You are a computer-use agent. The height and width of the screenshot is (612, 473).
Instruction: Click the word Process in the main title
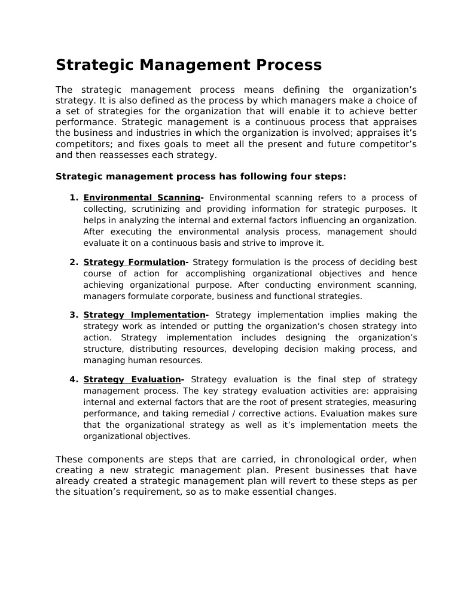pos(285,65)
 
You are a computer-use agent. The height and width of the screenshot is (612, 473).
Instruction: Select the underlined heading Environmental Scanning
pos(142,197)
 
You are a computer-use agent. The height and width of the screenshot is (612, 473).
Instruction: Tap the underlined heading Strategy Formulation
pos(134,262)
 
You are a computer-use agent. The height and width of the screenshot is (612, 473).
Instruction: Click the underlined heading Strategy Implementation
pos(144,315)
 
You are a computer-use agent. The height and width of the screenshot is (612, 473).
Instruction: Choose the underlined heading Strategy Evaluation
pos(132,379)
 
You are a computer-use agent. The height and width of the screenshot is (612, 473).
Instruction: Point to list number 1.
pos(74,197)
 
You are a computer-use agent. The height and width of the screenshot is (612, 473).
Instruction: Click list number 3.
pos(74,315)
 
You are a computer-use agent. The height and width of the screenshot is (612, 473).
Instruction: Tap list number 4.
pos(74,379)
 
